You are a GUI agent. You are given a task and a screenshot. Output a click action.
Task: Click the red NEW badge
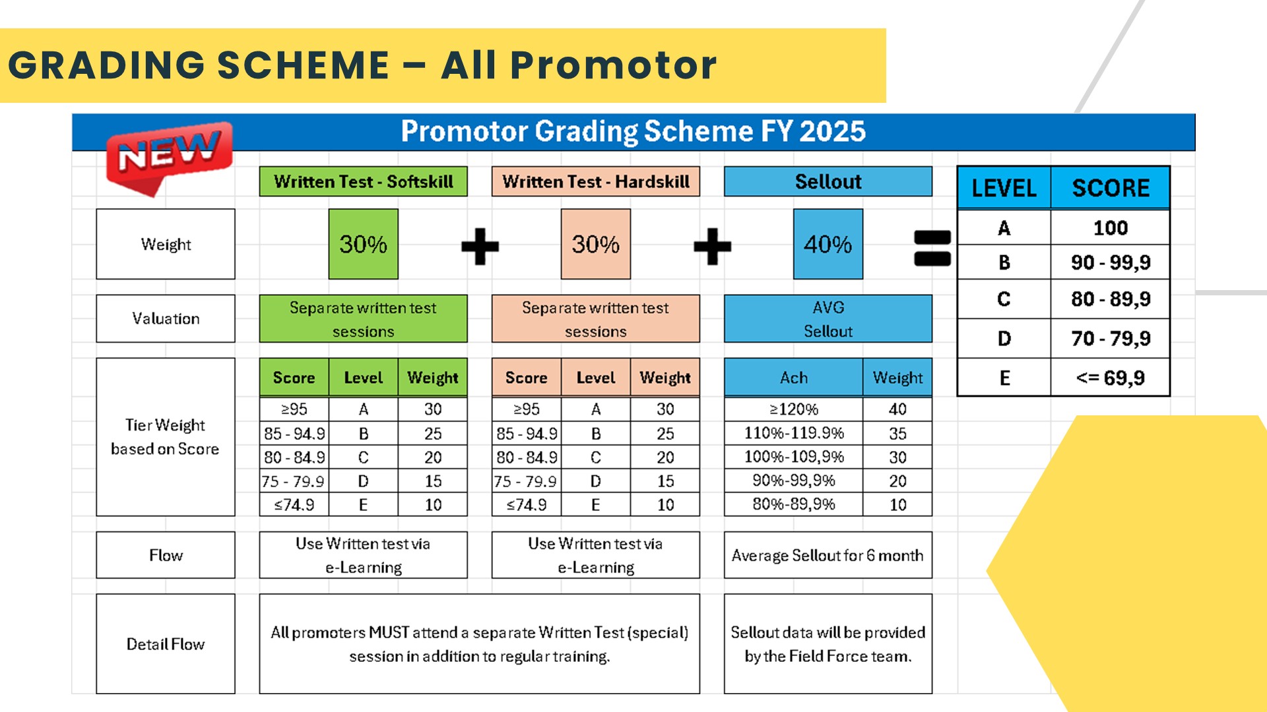[x=169, y=157]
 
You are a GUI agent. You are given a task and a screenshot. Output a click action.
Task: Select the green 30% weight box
[x=364, y=244]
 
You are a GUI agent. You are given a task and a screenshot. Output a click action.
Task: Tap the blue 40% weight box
[x=828, y=244]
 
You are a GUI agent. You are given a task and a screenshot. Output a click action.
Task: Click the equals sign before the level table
[x=932, y=248]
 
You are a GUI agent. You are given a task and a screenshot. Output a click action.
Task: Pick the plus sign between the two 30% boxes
[x=480, y=247]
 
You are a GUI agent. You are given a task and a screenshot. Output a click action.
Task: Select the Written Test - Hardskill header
[x=596, y=181]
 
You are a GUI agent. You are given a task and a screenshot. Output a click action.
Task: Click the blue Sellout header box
[x=828, y=181]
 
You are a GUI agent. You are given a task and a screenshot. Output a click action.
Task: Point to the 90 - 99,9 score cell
[x=1111, y=262]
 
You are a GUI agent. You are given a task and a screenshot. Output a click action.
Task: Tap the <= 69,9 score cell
[x=1111, y=378]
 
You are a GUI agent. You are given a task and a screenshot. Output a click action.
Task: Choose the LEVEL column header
[x=1004, y=188]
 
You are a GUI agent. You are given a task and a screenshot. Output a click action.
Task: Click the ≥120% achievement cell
[x=794, y=409]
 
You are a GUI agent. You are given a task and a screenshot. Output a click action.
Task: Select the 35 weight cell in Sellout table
[x=897, y=433]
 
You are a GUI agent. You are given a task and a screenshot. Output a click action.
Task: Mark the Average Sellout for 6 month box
[x=828, y=555]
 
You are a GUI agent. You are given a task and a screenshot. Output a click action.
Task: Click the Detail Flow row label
[x=166, y=643]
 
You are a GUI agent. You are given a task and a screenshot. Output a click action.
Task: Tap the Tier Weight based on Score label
[x=166, y=436]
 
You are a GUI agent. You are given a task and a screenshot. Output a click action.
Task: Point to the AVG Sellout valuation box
[x=828, y=318]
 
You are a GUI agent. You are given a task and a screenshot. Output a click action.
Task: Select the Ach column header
[x=794, y=378]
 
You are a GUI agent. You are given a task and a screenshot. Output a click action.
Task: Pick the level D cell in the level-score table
[x=1004, y=339]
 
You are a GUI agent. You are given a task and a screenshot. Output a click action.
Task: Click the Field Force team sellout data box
[x=828, y=643]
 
